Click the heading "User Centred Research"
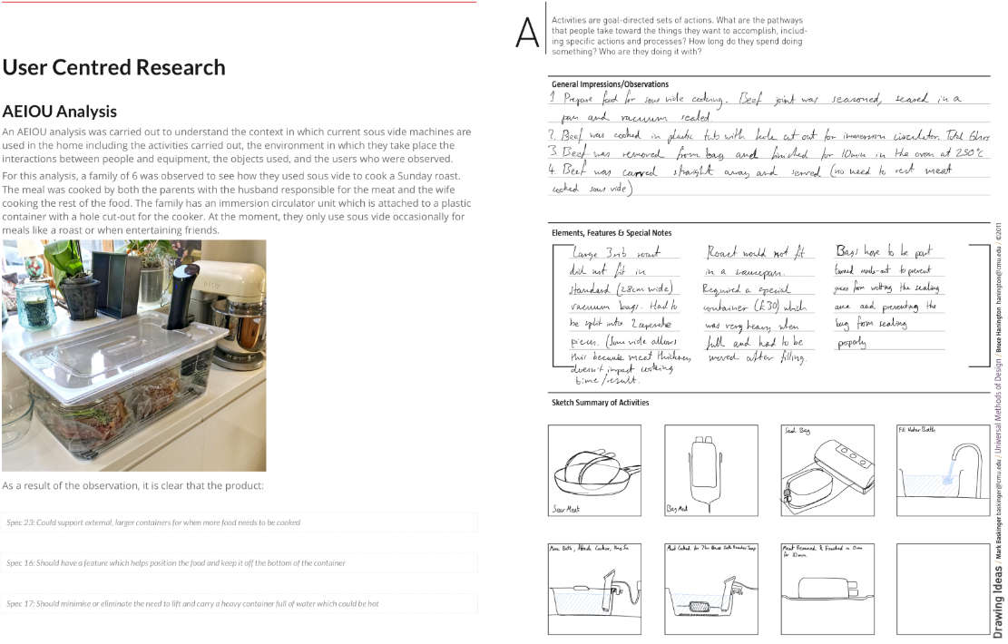[x=113, y=68]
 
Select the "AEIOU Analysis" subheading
[x=59, y=112]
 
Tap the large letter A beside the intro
[x=527, y=33]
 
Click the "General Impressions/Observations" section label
[x=608, y=84]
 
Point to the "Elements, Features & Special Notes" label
[x=612, y=233]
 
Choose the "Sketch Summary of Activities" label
[x=600, y=403]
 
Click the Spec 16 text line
[x=175, y=563]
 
